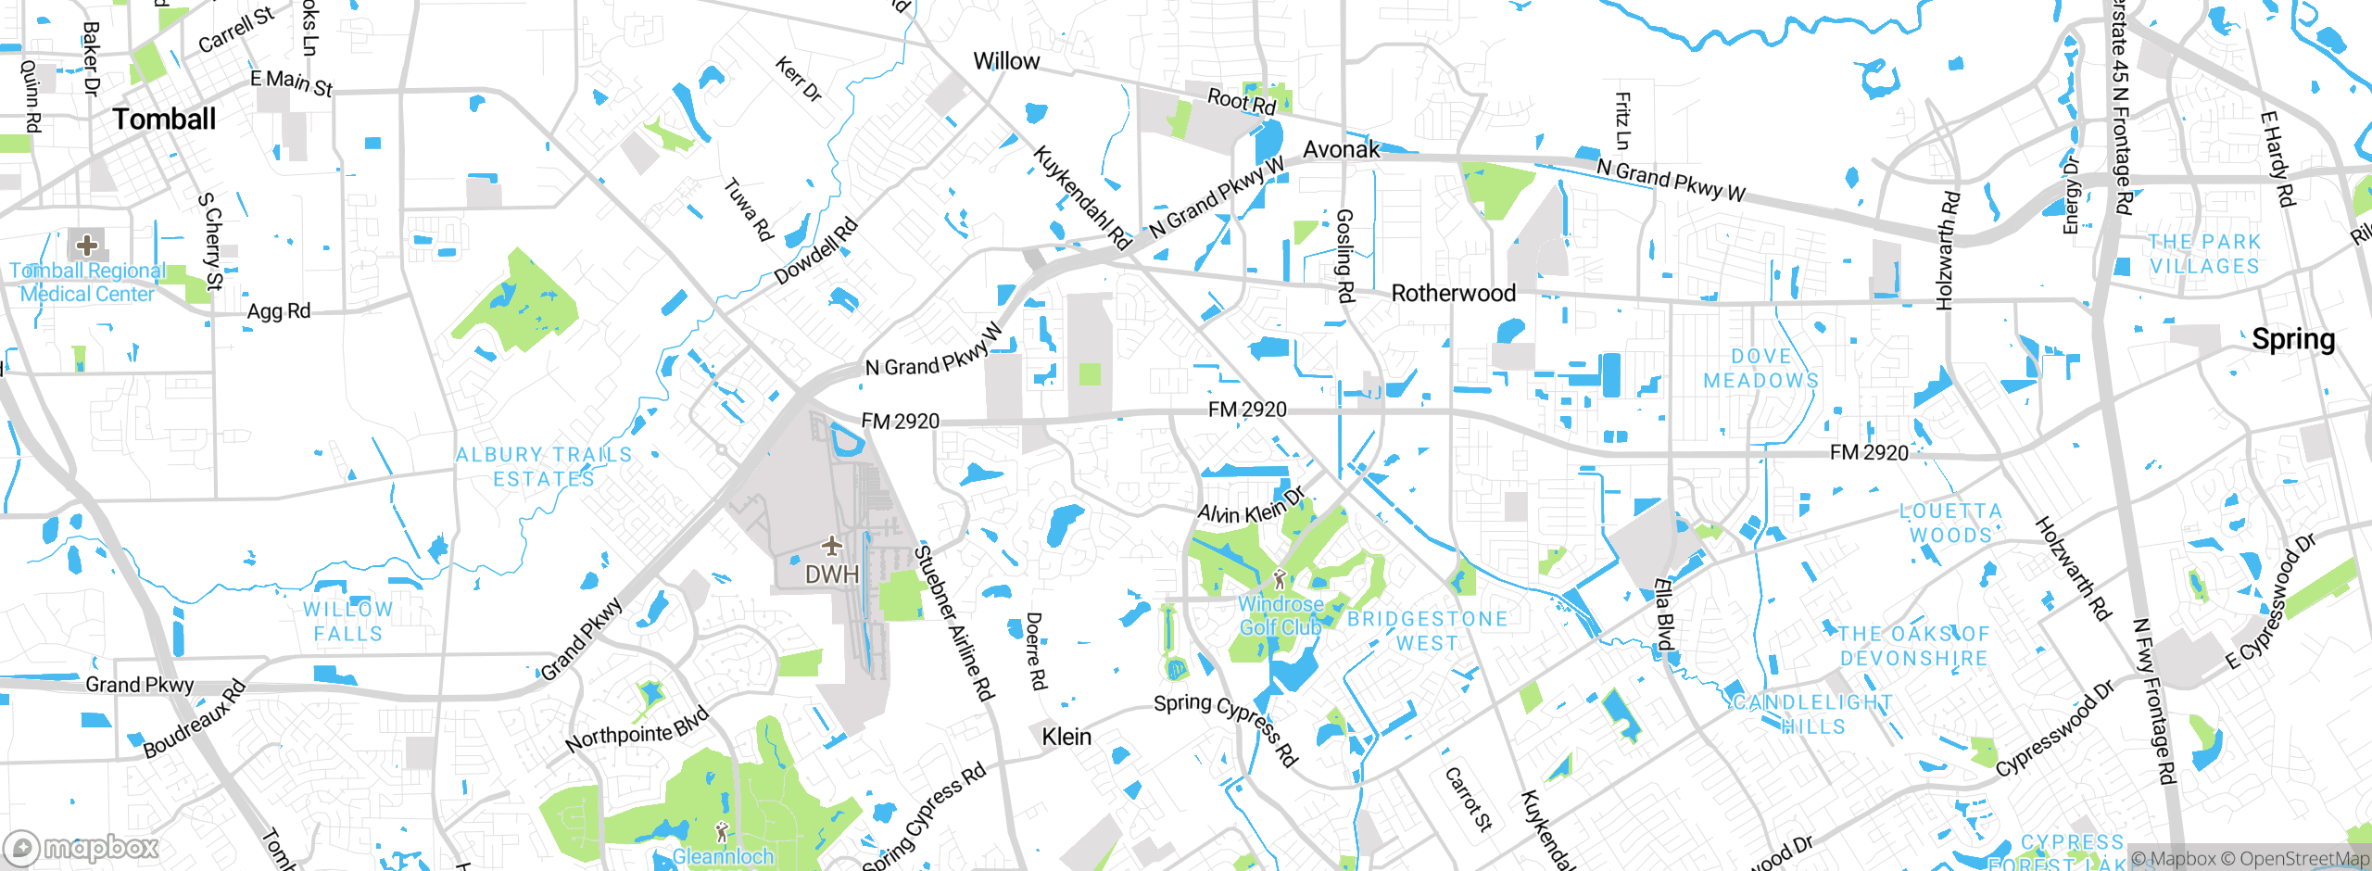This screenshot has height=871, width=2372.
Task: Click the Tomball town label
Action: click(164, 119)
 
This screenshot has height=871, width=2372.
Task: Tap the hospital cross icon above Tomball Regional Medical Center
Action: click(87, 246)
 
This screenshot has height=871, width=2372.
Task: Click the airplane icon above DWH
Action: click(831, 545)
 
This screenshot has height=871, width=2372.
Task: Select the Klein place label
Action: click(1066, 737)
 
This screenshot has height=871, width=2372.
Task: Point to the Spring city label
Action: click(2293, 339)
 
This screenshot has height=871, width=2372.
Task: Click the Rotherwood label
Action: click(1454, 293)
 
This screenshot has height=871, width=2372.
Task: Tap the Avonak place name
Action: click(1341, 149)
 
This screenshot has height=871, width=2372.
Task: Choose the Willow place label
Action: click(1006, 61)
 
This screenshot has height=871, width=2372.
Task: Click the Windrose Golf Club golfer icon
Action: click(1280, 580)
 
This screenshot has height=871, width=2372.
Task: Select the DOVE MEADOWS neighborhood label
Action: click(1760, 369)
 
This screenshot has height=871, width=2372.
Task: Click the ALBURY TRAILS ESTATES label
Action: click(544, 467)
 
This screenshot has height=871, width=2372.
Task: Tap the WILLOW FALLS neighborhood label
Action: click(347, 622)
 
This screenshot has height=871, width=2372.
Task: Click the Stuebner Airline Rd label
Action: click(953, 623)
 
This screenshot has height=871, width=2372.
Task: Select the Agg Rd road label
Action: click(278, 311)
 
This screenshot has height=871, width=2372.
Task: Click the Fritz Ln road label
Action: click(1621, 120)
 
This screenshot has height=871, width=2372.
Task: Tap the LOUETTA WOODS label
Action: click(1950, 524)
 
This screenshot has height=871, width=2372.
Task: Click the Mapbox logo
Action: click(82, 848)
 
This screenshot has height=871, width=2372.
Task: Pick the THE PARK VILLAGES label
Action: click(2204, 254)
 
